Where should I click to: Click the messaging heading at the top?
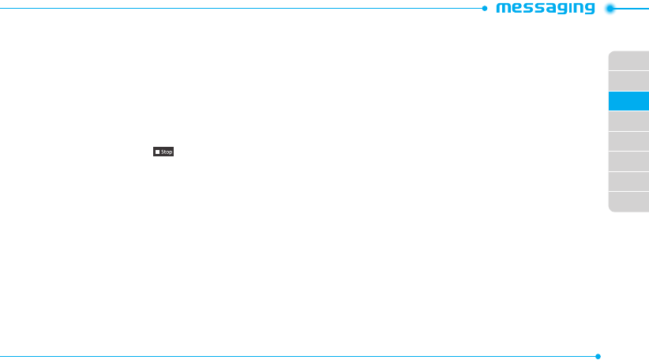[545, 9]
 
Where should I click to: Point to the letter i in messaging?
[567, 9]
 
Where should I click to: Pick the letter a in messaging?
[544, 9]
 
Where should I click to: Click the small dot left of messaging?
[484, 9]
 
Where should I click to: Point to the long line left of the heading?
[237, 9]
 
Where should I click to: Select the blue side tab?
[628, 101]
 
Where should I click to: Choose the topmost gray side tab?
[628, 61]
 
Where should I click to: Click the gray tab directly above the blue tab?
[628, 81]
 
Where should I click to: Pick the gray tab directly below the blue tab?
[628, 121]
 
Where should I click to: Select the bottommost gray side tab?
[628, 202]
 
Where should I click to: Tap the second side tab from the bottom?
[628, 182]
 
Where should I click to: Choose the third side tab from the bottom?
[628, 161]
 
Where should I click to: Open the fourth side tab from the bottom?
[628, 141]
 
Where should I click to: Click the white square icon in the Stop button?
[158, 151]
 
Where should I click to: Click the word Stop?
[167, 151]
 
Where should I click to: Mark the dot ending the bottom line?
[598, 356]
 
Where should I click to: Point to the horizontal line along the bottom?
[300, 356]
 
